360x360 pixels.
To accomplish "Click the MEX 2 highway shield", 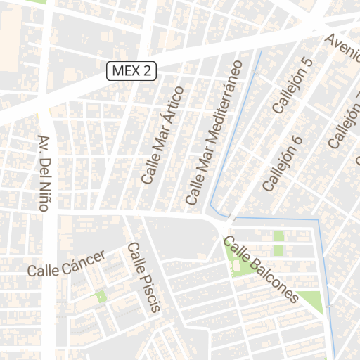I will point(131,70).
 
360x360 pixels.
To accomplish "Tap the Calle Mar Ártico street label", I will point(162,135).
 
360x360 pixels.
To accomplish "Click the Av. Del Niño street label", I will point(46,176).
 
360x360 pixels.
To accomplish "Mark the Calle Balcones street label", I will point(261,269).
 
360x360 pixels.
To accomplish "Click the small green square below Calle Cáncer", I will point(101,297).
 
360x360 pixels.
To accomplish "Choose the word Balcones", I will point(274,280).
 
